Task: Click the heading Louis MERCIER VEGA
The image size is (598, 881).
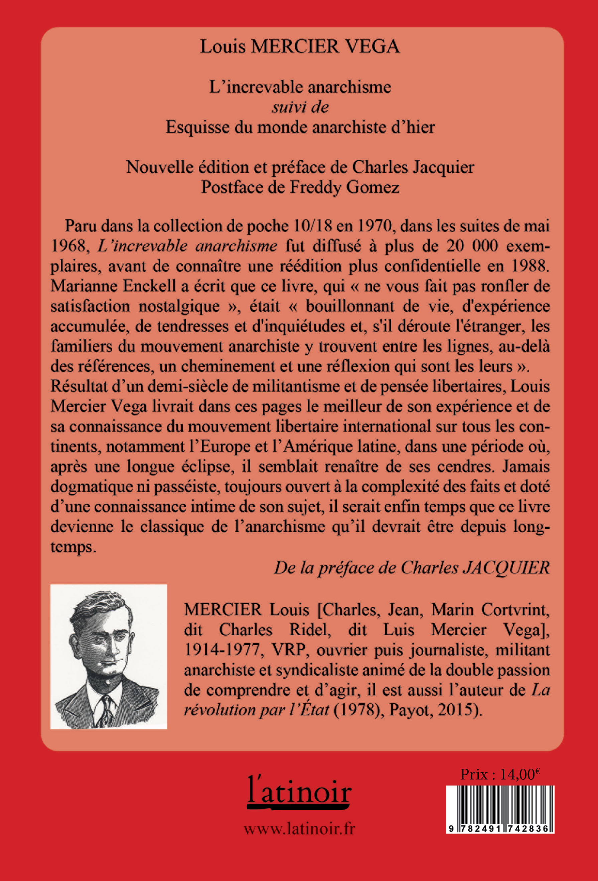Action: tap(300, 47)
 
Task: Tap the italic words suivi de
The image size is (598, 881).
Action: tap(300, 107)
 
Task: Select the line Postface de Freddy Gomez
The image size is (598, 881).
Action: tap(300, 187)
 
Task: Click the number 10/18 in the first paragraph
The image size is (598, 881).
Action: tap(312, 226)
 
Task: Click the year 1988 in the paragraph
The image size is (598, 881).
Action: tap(530, 266)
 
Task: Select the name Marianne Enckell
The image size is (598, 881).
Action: tap(113, 286)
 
